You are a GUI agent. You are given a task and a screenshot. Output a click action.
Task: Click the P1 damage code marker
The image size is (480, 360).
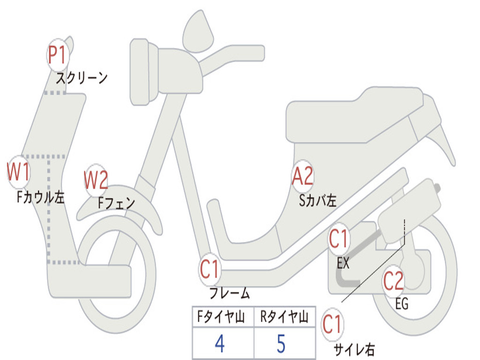[58, 55]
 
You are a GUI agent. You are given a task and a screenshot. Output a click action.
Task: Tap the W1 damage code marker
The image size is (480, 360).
[19, 172]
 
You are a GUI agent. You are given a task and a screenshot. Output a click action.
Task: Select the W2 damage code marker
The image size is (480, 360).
[96, 180]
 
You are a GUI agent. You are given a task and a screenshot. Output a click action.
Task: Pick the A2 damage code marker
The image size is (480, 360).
[302, 177]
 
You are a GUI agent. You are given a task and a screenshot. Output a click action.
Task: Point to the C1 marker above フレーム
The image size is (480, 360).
[210, 270]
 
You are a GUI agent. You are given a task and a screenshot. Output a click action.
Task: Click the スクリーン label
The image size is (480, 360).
[82, 78]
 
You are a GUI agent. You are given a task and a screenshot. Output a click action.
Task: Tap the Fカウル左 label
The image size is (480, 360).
[40, 197]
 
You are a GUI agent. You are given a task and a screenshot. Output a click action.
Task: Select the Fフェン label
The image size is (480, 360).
[117, 203]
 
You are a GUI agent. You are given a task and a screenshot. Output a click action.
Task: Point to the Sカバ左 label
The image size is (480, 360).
[318, 201]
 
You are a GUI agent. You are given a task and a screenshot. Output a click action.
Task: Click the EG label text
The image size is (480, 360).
[402, 304]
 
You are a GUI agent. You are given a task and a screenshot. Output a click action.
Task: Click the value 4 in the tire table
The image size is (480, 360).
[219, 344]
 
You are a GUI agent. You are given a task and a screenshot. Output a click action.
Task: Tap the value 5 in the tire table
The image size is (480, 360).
[281, 344]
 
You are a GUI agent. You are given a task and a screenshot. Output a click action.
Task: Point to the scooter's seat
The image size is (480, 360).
[356, 115]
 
